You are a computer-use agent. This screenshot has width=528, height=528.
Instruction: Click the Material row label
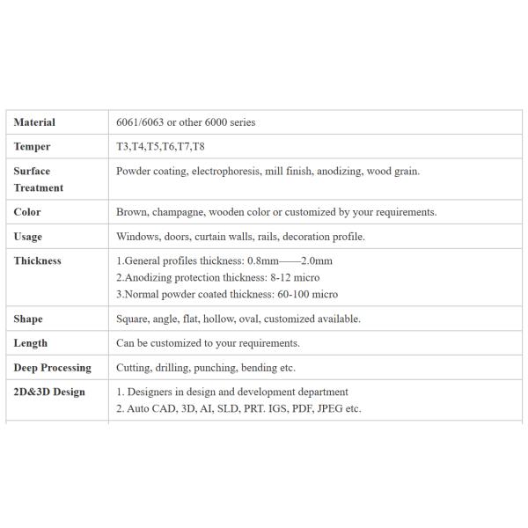point(34,122)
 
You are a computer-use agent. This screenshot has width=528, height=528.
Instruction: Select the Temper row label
point(33,147)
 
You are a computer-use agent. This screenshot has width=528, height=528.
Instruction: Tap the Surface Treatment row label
point(39,180)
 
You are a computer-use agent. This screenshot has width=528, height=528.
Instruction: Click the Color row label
point(28,212)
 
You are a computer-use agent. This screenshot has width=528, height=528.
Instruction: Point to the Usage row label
point(28,237)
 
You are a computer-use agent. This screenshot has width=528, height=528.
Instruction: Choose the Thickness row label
point(38,260)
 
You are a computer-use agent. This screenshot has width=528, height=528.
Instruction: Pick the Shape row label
point(29,319)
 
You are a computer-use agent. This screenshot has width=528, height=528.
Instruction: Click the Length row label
point(31,343)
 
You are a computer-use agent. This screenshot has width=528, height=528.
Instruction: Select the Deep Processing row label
point(52,368)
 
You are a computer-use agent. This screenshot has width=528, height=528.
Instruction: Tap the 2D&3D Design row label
point(49,392)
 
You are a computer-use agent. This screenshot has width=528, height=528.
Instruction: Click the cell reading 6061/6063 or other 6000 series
point(186,122)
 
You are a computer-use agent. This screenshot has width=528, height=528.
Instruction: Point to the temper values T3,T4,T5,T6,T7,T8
point(160,147)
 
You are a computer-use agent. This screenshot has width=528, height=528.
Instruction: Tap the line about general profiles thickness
point(224,260)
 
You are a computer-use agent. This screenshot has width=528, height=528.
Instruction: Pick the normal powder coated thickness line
point(227,294)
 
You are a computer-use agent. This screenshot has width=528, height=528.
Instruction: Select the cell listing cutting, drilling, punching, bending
point(206,368)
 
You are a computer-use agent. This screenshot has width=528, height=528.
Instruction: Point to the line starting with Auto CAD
point(238,408)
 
